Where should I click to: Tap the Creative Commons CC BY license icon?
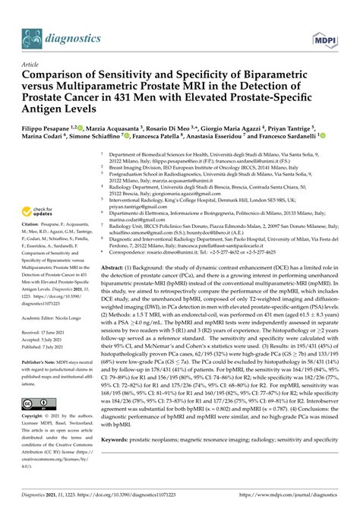click(x=38, y=405)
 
